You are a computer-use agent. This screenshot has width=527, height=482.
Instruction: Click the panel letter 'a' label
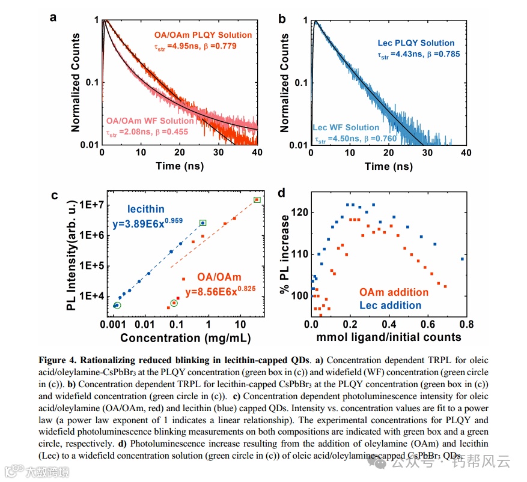(53, 17)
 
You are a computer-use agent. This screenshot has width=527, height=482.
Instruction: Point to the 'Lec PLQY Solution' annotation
(416, 43)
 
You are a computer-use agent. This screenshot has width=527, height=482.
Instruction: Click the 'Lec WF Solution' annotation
(346, 127)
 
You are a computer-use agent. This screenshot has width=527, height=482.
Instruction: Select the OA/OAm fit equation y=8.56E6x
(220, 291)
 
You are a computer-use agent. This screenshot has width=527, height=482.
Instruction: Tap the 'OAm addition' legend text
(394, 292)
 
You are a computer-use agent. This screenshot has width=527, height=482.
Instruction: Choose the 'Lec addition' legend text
(390, 305)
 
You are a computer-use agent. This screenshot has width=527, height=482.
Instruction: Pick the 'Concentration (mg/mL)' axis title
(184, 338)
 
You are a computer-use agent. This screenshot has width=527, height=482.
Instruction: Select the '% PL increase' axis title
(282, 259)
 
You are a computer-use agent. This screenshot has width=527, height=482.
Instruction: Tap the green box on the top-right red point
(257, 199)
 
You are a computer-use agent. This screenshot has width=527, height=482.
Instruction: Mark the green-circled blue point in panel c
(117, 306)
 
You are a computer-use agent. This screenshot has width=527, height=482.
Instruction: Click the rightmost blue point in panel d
(462, 259)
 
